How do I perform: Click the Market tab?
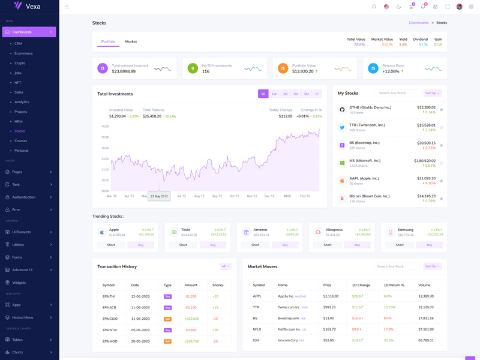click(131, 41)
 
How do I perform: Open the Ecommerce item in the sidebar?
click(23, 53)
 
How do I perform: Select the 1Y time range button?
click(317, 94)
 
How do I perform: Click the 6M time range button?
click(306, 94)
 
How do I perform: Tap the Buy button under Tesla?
click(213, 245)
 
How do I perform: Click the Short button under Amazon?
click(255, 245)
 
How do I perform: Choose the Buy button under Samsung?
click(430, 245)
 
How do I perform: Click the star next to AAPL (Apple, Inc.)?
click(442, 181)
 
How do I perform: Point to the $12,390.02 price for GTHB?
click(426, 107)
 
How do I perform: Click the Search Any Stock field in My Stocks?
click(398, 93)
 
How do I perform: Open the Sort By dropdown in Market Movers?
click(432, 266)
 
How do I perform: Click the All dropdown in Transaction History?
click(225, 266)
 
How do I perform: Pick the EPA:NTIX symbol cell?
click(109, 330)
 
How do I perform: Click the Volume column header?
click(424, 285)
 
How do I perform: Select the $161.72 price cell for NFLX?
click(329, 329)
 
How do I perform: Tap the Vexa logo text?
click(33, 6)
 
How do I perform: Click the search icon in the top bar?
click(374, 7)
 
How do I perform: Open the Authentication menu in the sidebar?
click(29, 197)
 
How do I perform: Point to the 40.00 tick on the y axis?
click(105, 127)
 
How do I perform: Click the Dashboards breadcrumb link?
click(419, 23)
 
